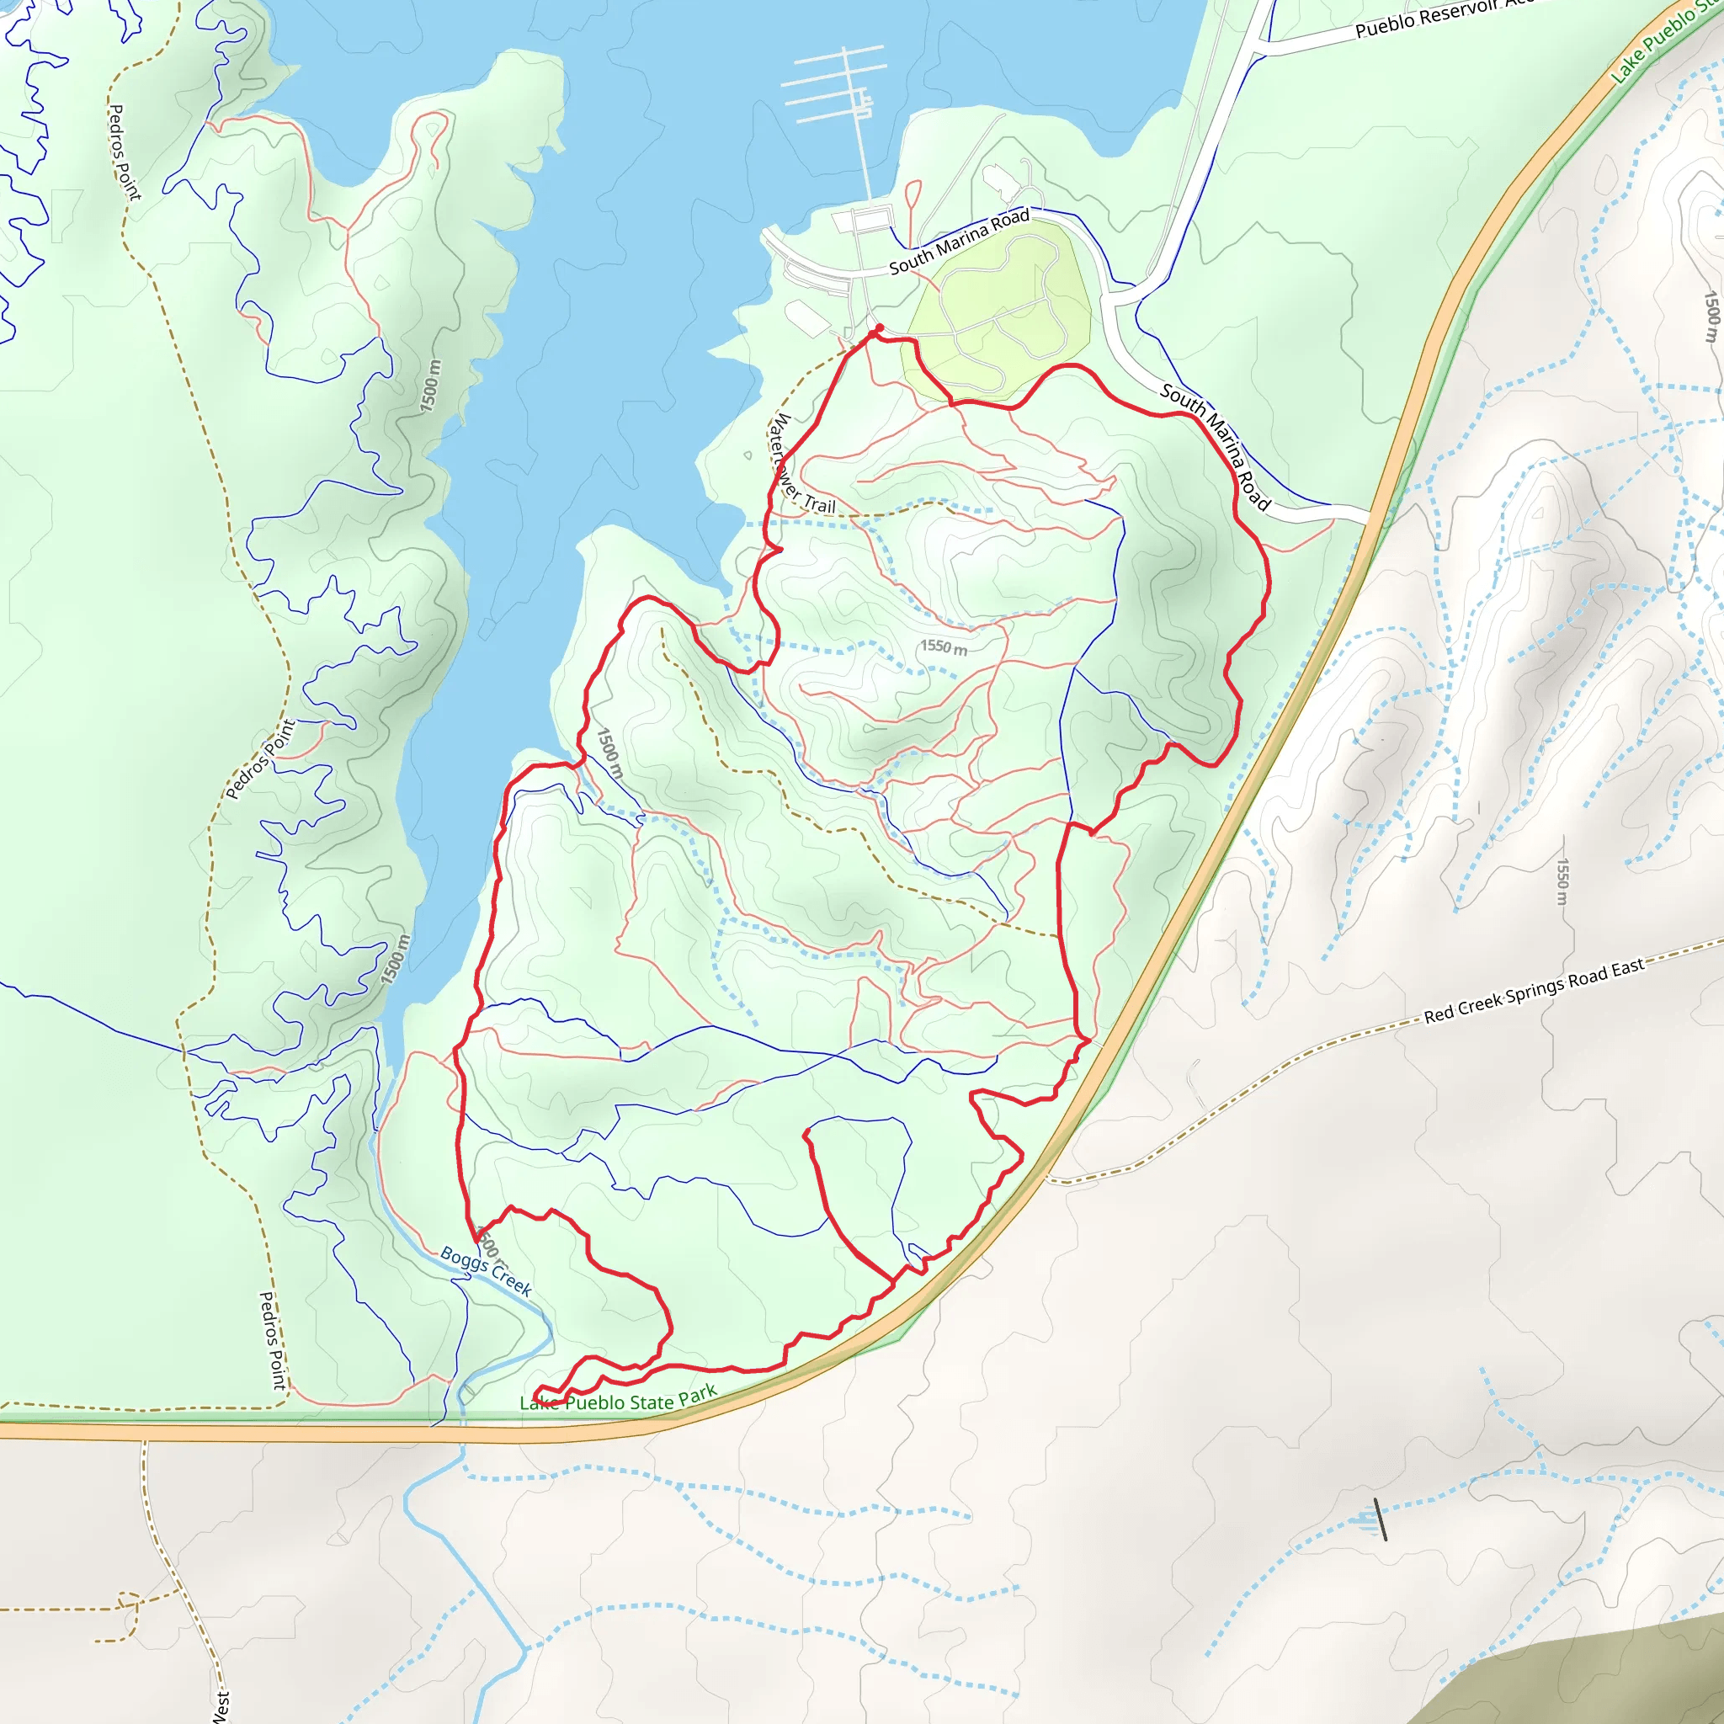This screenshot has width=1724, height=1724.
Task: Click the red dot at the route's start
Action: click(x=880, y=328)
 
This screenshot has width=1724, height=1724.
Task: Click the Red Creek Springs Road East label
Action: click(x=1533, y=991)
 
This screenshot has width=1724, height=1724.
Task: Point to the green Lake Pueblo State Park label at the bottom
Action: click(x=618, y=1399)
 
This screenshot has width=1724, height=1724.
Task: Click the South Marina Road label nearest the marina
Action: click(x=960, y=241)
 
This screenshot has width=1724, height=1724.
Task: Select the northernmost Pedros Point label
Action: click(x=124, y=152)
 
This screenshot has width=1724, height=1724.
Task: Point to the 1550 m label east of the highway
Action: click(x=1562, y=881)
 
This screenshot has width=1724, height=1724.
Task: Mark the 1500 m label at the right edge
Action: click(x=1710, y=317)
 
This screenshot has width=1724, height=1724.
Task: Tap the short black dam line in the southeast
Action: click(x=1381, y=1519)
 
